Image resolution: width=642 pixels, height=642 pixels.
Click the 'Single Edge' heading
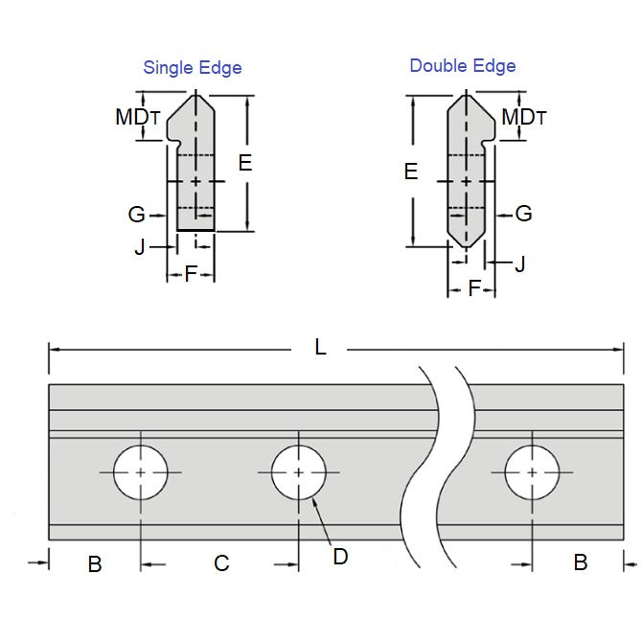tap(192, 68)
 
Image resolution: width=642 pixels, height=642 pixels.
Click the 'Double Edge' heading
tap(462, 66)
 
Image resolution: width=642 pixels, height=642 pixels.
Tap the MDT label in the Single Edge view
tap(137, 117)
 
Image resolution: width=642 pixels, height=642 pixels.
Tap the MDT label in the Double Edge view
tap(523, 117)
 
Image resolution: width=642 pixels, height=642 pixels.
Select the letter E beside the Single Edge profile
tap(245, 164)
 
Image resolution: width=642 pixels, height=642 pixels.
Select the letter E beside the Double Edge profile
tap(411, 172)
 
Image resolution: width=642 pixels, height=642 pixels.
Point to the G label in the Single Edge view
tap(137, 215)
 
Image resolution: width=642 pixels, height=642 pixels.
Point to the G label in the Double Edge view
tap(523, 214)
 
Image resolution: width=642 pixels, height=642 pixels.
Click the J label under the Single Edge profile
tap(140, 247)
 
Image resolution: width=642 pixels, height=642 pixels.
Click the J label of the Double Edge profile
tap(519, 264)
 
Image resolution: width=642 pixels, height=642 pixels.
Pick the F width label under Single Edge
tap(190, 275)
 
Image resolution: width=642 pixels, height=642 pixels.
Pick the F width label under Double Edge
tap(473, 288)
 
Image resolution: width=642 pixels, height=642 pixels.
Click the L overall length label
tap(321, 348)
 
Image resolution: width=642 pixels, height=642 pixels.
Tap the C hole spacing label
tap(221, 563)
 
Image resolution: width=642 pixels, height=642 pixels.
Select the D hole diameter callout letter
tap(340, 556)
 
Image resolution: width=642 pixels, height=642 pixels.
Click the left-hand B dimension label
tap(94, 564)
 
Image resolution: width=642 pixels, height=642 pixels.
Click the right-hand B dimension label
tap(580, 562)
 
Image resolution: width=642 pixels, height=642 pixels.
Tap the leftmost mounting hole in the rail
tap(141, 472)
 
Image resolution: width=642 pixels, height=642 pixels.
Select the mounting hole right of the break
tap(533, 472)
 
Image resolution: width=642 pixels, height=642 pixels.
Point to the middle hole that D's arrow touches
tap(299, 472)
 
